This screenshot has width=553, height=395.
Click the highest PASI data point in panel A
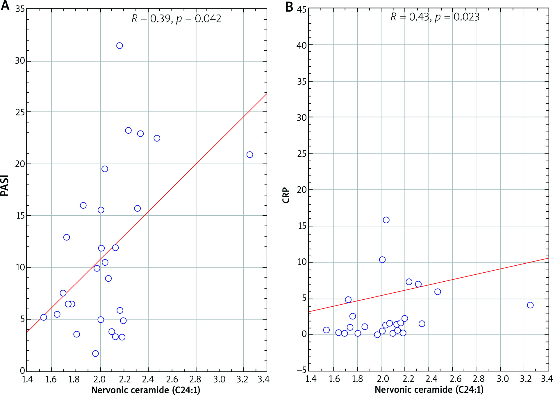119,46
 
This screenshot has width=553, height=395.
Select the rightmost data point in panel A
250,155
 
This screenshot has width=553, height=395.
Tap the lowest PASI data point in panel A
95,353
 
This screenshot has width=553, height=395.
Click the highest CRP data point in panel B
386,220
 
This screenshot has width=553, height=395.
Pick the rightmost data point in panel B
530,305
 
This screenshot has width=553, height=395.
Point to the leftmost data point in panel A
44,317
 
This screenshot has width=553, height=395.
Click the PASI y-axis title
5,185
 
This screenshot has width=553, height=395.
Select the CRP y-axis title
286,195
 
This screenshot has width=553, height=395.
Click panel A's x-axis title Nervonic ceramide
146,390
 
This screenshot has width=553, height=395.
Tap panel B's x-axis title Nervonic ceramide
429,389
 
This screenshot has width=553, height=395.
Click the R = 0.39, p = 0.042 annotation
176,19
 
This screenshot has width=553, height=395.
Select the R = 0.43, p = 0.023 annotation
435,17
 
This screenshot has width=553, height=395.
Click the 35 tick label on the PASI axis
20,9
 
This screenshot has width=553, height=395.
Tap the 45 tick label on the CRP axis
302,10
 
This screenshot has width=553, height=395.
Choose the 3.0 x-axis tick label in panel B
503,379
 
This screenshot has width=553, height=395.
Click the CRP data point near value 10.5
382,260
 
